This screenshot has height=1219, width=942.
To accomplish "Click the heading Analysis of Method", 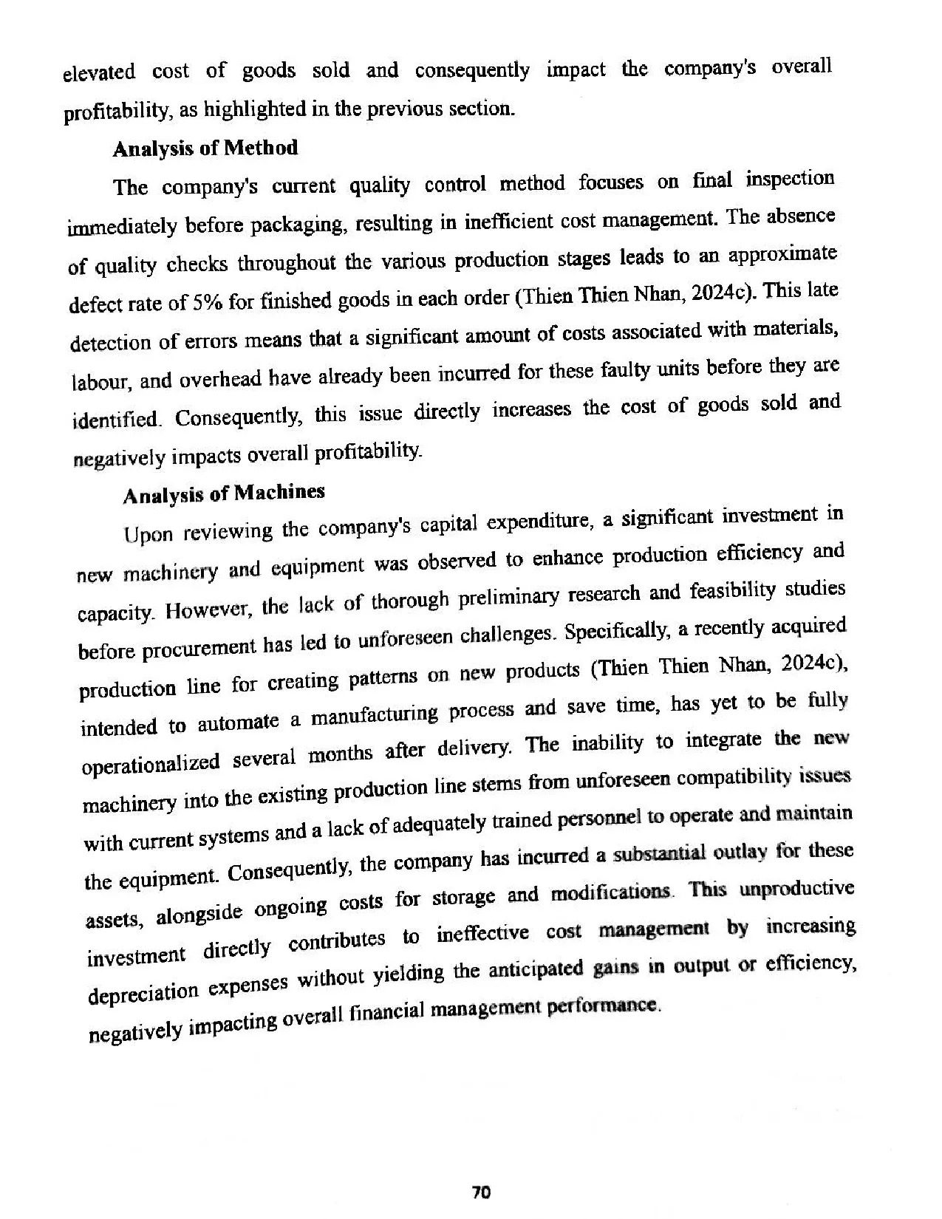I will point(205,148).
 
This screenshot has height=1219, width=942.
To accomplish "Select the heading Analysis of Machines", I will point(223,493).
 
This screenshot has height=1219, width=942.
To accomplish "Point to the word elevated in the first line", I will point(99,73).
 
